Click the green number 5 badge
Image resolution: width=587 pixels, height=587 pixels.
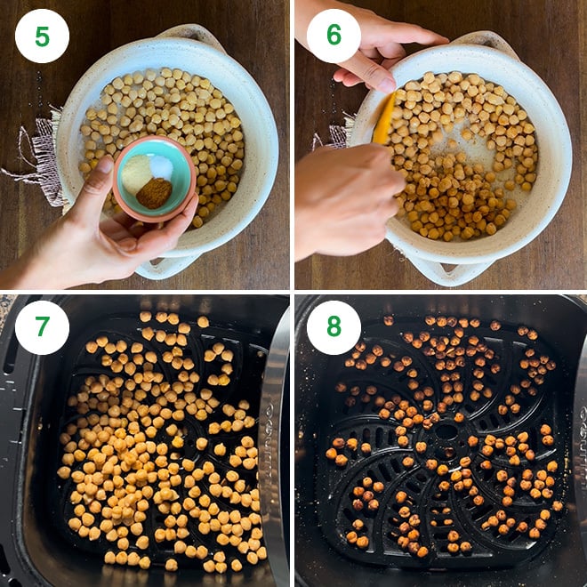tap(42, 36)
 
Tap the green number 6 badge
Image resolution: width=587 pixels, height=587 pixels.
tap(334, 36)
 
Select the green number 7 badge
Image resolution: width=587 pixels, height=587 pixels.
tap(42, 327)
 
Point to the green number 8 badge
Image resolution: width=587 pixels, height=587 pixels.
tap(334, 327)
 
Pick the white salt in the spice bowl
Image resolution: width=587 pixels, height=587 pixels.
tap(161, 165)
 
